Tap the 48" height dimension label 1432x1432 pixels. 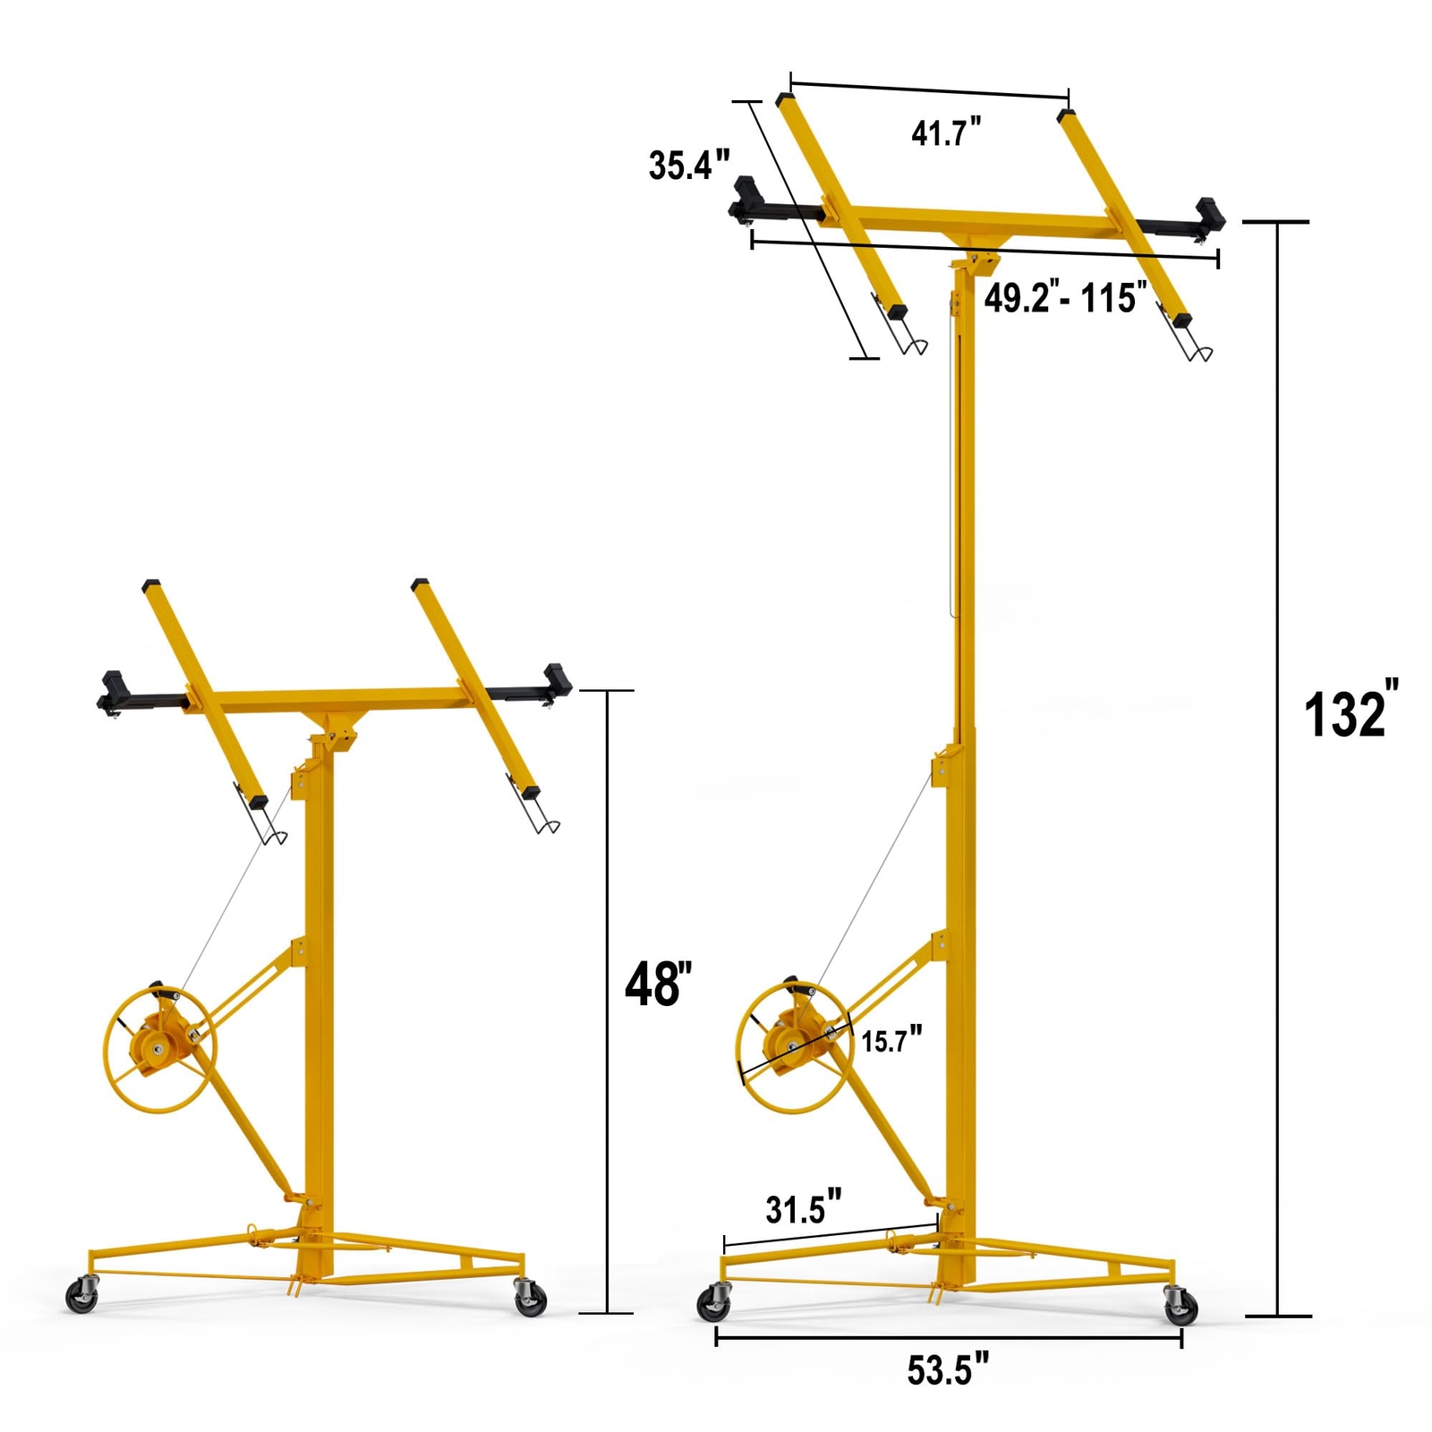(659, 984)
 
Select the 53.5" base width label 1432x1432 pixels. (948, 1370)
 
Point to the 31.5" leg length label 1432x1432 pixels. (803, 1208)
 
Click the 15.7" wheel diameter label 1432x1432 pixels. (891, 1040)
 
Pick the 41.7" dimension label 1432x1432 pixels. (946, 132)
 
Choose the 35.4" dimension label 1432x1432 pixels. (688, 166)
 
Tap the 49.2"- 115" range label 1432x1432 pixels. (1065, 297)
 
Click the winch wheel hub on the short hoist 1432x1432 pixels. (158, 1048)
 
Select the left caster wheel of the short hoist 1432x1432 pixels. (81, 1297)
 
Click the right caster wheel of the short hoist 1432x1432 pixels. (530, 1299)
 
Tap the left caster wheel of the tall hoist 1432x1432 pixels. (714, 1303)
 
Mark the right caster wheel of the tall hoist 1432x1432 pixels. (1181, 1307)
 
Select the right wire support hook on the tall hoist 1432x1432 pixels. (1194, 345)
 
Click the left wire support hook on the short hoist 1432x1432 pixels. (270, 828)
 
